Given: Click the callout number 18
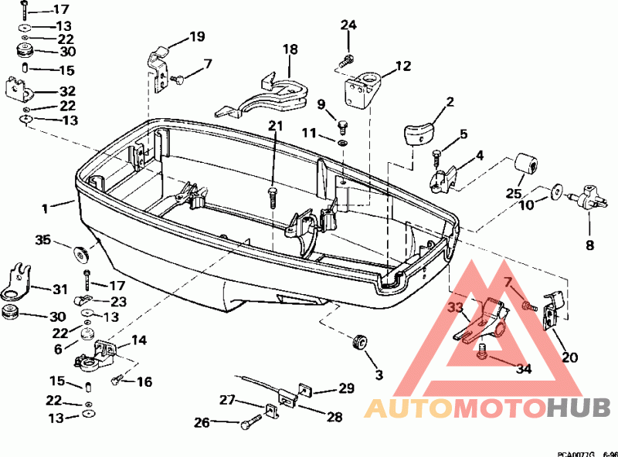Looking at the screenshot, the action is point(290,49).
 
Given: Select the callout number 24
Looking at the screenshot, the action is point(348,25).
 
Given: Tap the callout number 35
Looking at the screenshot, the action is point(43,239).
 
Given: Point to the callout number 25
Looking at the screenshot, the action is point(514,194).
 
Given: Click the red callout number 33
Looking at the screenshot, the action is point(456,307).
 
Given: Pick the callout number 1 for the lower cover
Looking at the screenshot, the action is point(45,208).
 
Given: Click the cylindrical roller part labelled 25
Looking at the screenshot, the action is point(527,165).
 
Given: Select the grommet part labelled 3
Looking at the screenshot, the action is point(360,341).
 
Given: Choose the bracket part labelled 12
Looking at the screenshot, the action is point(362,88).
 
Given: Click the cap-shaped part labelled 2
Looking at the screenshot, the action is point(418,134).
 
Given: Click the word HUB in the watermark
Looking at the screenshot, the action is point(579,408).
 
